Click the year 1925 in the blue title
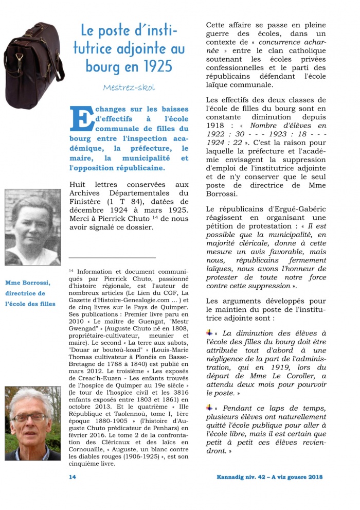156,66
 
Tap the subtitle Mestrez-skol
129,87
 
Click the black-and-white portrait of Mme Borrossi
32,227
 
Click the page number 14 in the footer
73,477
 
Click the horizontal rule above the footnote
112,257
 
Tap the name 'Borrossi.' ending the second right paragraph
223,194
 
